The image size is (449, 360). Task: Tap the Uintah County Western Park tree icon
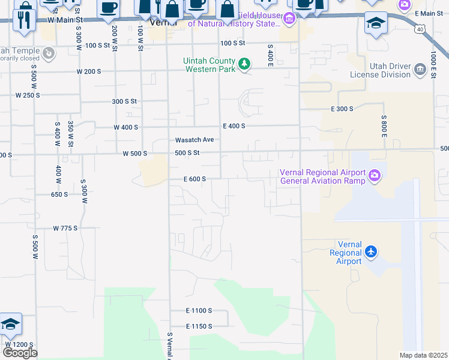[244, 63]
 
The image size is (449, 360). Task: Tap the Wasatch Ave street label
[194, 140]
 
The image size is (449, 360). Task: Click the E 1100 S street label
[199, 310]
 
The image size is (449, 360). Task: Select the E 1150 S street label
[199, 326]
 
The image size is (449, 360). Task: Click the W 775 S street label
[65, 229]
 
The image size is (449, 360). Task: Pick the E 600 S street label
[195, 179]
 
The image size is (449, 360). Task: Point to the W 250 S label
[28, 95]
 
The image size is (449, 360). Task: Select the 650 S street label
[59, 194]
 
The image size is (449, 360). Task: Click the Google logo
[20, 353]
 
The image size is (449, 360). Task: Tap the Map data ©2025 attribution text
[423, 355]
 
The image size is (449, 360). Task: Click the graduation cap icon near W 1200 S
[10, 325]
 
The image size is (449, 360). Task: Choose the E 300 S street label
[342, 109]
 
